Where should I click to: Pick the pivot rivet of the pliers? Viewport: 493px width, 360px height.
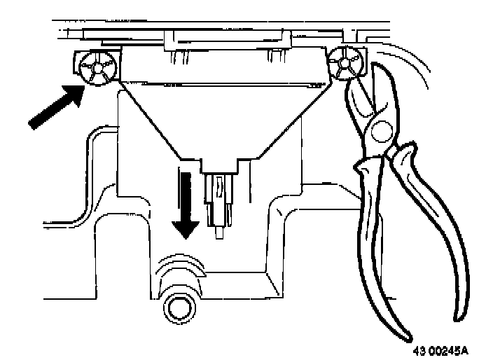point(381,131)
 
